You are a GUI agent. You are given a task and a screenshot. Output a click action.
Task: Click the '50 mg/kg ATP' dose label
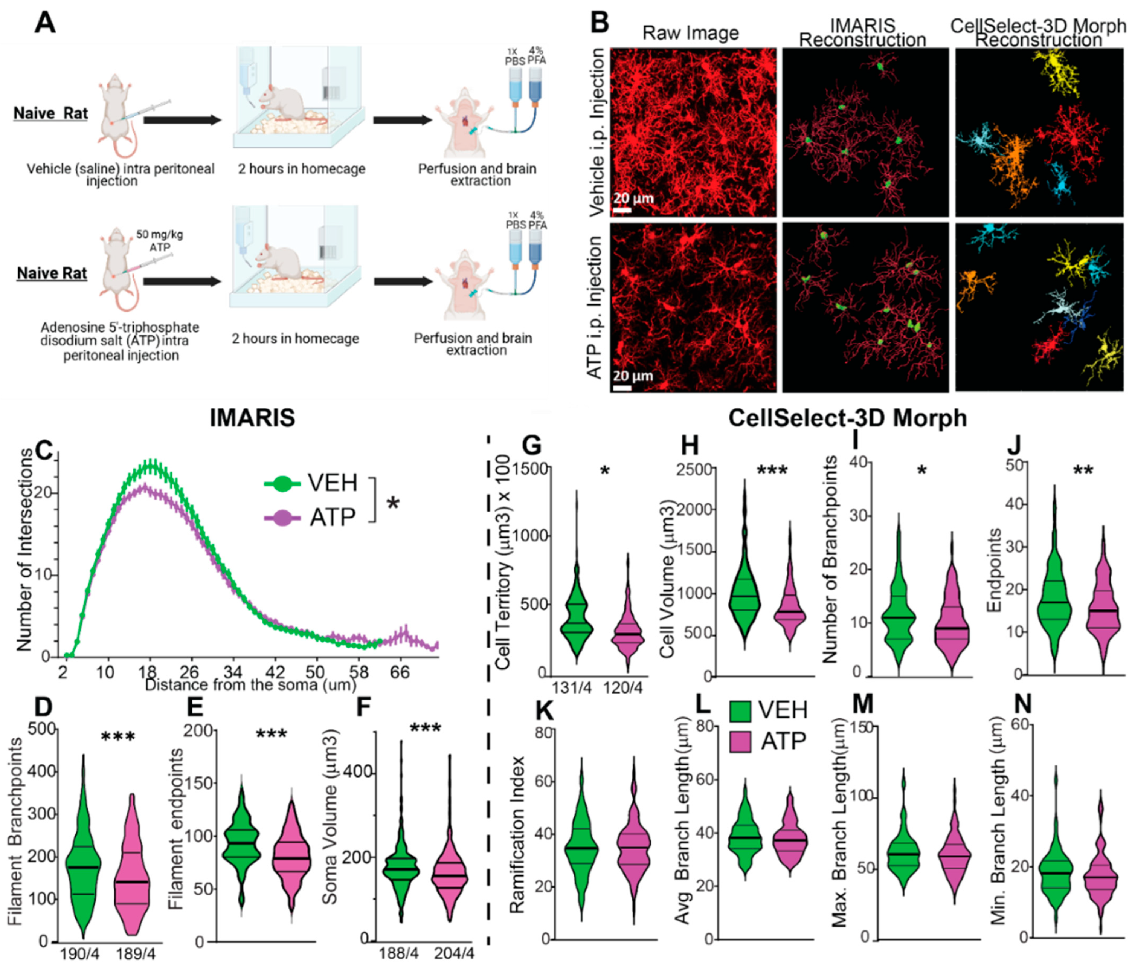(160, 241)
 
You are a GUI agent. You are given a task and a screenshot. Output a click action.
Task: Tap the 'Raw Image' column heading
(691, 33)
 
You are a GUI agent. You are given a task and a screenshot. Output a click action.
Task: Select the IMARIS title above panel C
(252, 418)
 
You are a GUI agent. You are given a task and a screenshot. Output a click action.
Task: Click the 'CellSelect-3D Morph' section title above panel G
(847, 418)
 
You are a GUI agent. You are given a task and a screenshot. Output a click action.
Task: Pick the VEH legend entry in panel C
(311, 483)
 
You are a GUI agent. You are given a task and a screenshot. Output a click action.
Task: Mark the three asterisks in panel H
(771, 470)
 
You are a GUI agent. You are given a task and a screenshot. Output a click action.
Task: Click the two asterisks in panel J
(1083, 470)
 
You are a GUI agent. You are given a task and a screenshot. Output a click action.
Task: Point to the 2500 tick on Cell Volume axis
(693, 470)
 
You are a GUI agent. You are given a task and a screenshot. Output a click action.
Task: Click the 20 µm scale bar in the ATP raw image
(622, 388)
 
